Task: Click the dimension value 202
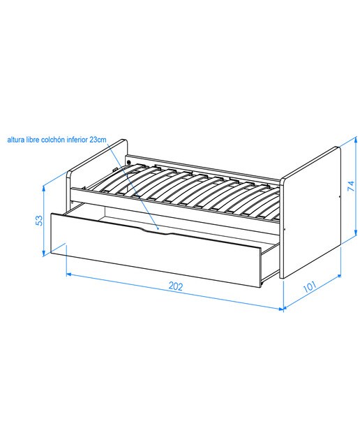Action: (175, 286)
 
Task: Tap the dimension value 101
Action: (309, 286)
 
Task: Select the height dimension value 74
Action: (351, 186)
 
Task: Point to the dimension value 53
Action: (39, 221)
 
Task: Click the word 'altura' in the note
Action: (15, 140)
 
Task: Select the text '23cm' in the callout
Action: (98, 140)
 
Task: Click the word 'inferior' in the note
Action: (77, 140)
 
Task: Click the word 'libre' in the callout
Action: (33, 140)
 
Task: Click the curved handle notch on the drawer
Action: (156, 231)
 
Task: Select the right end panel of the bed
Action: (310, 212)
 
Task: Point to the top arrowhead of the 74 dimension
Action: (356, 140)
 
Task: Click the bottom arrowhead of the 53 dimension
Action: (43, 254)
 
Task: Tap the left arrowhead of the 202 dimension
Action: (69, 274)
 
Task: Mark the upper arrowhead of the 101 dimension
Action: (338, 276)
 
